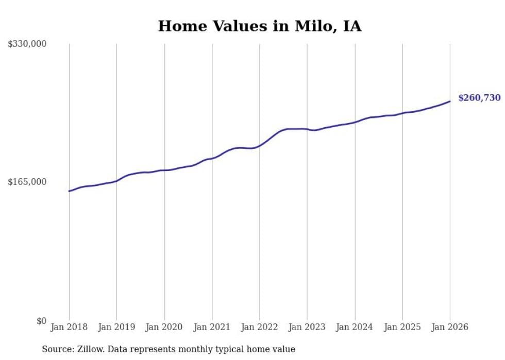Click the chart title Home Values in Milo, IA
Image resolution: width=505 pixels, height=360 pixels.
pos(259,26)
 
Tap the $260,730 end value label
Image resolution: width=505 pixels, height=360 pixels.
pos(479,98)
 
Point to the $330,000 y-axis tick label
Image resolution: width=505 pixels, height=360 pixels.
pos(27,44)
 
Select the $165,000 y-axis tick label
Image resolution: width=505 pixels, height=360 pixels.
pos(27,182)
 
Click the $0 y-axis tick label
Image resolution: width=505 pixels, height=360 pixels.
pos(41,321)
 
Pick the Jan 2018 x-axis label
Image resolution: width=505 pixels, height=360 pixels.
pos(69,327)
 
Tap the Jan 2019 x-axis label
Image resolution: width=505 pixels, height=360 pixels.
pos(116,327)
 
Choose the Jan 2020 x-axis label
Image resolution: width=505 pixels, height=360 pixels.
pos(164,327)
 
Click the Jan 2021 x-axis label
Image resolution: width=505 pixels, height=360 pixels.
pos(212,327)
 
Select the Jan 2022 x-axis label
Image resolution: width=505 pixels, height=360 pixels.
pos(259,327)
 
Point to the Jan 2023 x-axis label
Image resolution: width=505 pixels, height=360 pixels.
pos(307,327)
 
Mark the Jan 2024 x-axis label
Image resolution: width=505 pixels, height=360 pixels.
pos(355,327)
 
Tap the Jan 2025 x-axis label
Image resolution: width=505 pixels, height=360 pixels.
pos(402,327)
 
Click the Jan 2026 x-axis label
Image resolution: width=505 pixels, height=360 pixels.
pos(450,327)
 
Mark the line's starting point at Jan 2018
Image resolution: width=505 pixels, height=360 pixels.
pos(69,191)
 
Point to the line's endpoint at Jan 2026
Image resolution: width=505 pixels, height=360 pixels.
pos(450,101)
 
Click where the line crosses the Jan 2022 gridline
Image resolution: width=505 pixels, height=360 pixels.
pos(260,145)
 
